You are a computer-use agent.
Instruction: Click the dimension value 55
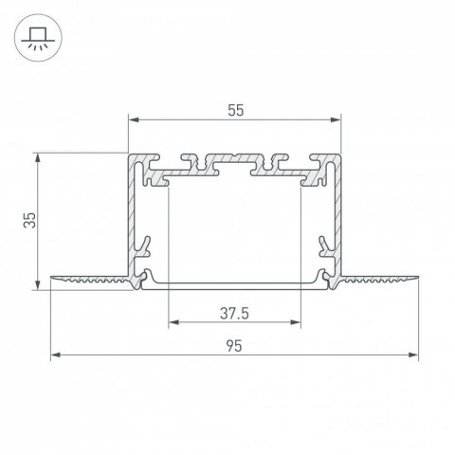[234, 110]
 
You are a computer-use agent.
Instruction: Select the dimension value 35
[29, 220]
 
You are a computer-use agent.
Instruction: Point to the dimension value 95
[233, 346]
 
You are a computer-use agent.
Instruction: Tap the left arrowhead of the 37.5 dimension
[172, 320]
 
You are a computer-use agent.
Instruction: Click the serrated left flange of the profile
[90, 281]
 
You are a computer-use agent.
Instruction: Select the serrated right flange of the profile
[379, 281]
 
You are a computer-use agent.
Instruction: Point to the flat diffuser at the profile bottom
[234, 284]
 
